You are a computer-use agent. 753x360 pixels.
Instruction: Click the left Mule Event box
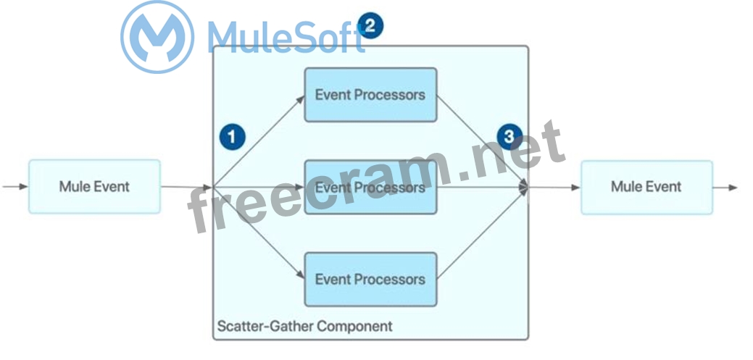click(94, 187)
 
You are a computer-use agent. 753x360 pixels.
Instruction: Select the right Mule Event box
click(646, 187)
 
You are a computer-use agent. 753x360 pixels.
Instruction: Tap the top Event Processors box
click(370, 95)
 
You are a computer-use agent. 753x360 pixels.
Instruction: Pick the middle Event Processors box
click(370, 188)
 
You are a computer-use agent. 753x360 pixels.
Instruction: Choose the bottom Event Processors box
click(370, 279)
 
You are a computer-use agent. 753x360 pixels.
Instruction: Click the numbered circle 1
click(232, 136)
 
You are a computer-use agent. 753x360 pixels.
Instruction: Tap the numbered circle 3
click(509, 136)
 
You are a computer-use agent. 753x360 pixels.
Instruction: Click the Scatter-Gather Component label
click(304, 326)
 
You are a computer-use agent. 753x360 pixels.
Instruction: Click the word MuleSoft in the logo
click(286, 36)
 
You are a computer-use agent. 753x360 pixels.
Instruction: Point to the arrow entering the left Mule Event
click(14, 187)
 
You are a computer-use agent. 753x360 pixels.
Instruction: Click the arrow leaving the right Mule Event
click(725, 187)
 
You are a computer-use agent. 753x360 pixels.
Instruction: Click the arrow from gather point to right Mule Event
click(554, 188)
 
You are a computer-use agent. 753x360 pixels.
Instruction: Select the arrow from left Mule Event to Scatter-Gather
click(186, 187)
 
